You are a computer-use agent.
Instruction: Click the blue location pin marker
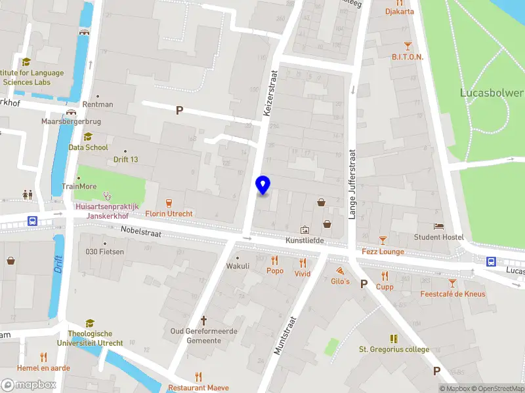point(263,185)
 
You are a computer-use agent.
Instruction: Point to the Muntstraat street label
point(287,336)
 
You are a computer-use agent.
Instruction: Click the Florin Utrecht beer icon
point(169,202)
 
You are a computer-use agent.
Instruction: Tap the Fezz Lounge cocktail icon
point(383,240)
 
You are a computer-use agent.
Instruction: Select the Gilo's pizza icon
point(340,270)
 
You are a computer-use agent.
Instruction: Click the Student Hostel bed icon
point(438,226)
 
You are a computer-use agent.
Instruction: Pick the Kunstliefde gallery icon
point(304,230)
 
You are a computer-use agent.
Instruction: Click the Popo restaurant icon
point(274,259)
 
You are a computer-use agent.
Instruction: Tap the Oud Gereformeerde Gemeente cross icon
point(203,320)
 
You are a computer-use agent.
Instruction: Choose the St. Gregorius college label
point(394,350)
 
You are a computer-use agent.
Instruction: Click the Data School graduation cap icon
point(88,136)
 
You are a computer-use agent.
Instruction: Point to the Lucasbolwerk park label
point(492,92)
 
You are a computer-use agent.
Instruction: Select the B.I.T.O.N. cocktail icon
point(408,45)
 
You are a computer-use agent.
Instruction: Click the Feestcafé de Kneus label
point(453,293)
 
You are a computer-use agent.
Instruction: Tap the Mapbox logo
point(30,385)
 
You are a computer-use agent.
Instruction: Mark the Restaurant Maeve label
point(198,388)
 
